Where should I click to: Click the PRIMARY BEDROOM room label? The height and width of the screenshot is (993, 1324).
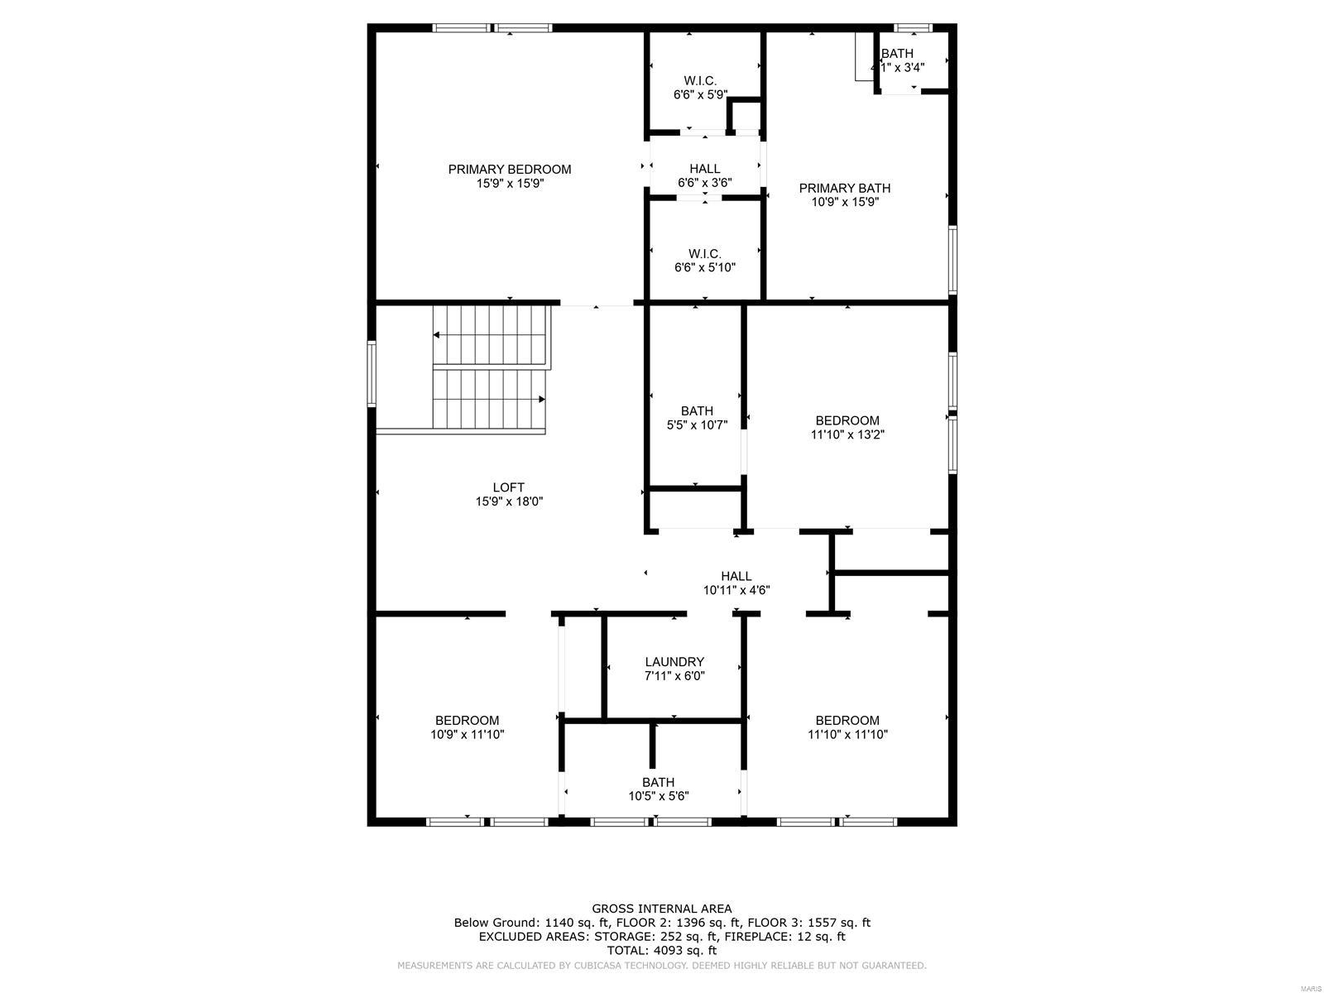[x=510, y=170]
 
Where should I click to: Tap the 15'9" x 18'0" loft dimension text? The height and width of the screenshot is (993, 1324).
[x=509, y=501]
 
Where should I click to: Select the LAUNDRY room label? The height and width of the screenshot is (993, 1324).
[x=674, y=662]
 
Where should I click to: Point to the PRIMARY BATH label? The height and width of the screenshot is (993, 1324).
[x=844, y=189]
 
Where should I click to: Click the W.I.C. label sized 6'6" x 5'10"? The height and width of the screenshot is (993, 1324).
[x=704, y=254]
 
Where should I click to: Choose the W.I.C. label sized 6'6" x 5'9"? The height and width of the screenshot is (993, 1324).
[x=700, y=81]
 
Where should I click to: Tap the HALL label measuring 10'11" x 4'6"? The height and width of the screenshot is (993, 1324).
[x=736, y=577]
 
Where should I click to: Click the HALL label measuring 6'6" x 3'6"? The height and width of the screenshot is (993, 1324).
[x=704, y=169]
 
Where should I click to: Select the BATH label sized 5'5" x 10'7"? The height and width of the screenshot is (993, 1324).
[x=697, y=411]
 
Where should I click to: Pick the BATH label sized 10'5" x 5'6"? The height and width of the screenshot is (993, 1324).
[x=658, y=783]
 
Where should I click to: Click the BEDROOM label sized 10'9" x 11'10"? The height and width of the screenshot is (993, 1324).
[x=467, y=721]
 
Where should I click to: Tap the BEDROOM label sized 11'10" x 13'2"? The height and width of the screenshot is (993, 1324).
[x=847, y=420]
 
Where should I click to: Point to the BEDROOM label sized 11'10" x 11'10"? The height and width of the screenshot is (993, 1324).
[x=847, y=721]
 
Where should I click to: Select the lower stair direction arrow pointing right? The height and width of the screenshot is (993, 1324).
[x=541, y=400]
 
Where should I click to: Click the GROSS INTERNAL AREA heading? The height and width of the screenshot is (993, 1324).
[x=661, y=909]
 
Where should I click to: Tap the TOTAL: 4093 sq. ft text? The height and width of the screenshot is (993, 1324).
[x=661, y=951]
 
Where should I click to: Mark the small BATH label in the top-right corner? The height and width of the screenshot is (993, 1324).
[x=897, y=54]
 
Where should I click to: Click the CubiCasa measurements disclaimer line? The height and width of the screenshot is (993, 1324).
[x=661, y=966]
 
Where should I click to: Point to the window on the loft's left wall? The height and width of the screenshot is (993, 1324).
[x=372, y=374]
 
